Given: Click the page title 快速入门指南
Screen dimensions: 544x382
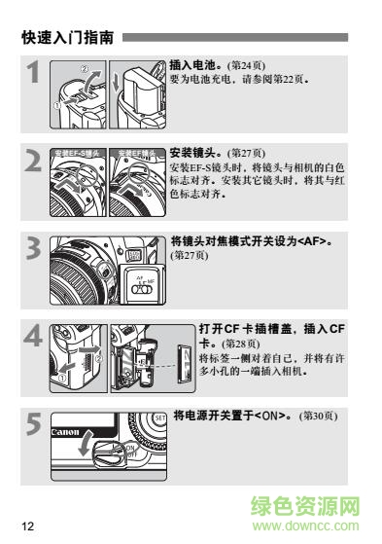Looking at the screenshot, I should click(67, 39).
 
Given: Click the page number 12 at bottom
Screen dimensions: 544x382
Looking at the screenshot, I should click(27, 526).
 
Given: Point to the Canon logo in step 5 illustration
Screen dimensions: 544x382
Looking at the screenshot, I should click(63, 432).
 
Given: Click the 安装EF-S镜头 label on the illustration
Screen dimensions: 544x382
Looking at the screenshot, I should click(78, 154).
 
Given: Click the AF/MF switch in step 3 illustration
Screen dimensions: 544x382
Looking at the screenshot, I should click(143, 288).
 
